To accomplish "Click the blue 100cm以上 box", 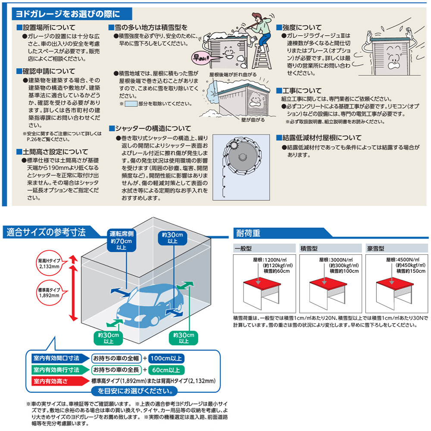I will pos(167,358).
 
